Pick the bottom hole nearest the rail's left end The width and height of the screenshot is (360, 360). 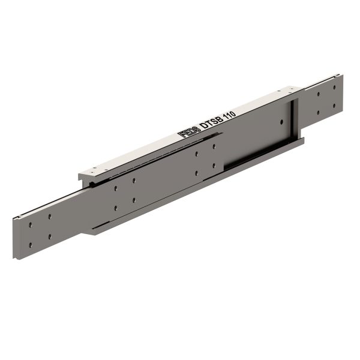(31, 244)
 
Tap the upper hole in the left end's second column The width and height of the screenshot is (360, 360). (50, 217)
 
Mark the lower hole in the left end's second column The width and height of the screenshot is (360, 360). (50, 236)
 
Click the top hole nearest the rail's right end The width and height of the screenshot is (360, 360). (334, 87)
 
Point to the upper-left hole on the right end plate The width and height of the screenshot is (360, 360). (317, 95)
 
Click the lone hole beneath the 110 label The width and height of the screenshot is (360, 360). (279, 122)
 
